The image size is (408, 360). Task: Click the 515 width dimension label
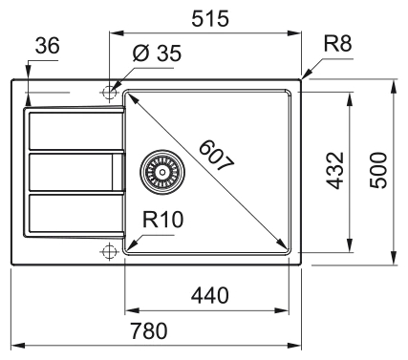coord(210,18)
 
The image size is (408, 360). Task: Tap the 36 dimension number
coord(47,45)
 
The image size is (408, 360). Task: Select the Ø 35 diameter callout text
coord(157,53)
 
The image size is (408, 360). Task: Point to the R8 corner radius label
coord(338,44)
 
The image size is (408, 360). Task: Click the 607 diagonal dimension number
coord(217,156)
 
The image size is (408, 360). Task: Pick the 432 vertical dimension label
coord(335,171)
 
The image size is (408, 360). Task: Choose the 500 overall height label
coord(378,170)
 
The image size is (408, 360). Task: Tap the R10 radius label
coord(162,220)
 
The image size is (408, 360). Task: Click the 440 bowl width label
coord(210,295)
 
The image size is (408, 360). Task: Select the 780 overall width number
coord(149,330)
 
